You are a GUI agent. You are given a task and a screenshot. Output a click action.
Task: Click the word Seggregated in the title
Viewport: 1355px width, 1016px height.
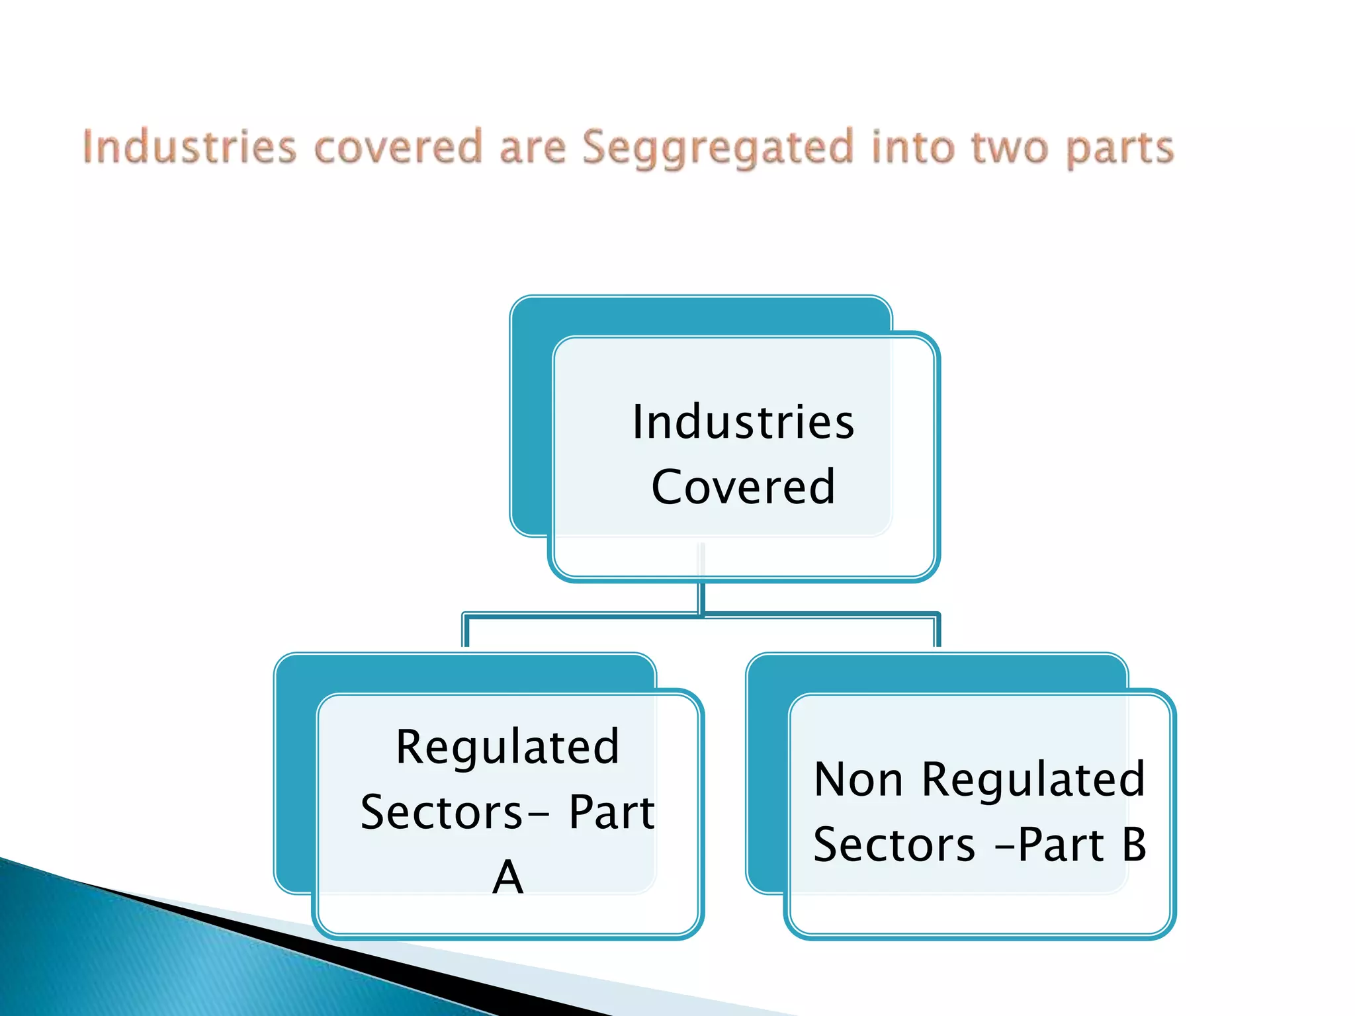(x=718, y=148)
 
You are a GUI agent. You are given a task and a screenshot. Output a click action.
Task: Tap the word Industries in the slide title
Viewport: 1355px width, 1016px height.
(x=189, y=147)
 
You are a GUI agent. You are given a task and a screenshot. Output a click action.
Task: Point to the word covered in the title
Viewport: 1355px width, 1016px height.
(x=398, y=147)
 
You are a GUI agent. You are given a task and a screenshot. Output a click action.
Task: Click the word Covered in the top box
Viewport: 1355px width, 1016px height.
(x=743, y=487)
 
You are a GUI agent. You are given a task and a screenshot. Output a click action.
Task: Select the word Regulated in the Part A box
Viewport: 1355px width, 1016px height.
(x=507, y=747)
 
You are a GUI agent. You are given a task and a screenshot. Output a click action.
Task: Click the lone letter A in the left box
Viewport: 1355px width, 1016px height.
(x=507, y=878)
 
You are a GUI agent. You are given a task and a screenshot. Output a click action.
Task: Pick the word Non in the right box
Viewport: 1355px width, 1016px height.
(x=858, y=779)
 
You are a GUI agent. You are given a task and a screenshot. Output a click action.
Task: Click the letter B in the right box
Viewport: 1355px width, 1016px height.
(x=1134, y=845)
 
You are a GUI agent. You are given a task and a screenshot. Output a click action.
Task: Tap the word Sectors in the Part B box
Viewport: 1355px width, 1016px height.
(x=894, y=845)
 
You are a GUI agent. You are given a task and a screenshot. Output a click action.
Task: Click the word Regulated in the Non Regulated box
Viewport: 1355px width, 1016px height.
(x=1033, y=779)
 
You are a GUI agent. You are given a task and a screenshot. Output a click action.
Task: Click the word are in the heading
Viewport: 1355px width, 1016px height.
(x=533, y=148)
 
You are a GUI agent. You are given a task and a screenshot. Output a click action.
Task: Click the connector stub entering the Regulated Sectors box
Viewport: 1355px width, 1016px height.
(x=466, y=632)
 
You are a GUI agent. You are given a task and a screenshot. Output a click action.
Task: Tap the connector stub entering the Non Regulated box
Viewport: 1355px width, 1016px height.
(x=937, y=632)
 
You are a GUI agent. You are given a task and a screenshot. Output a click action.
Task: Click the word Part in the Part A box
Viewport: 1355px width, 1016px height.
(x=611, y=812)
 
